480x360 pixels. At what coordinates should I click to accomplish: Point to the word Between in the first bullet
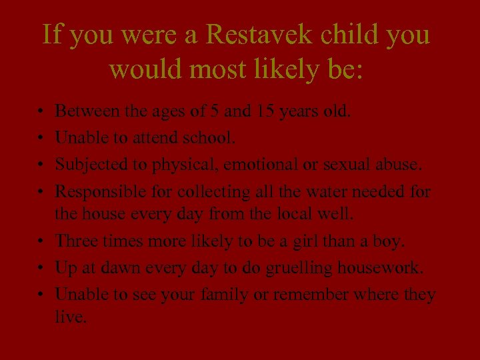[85, 110]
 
